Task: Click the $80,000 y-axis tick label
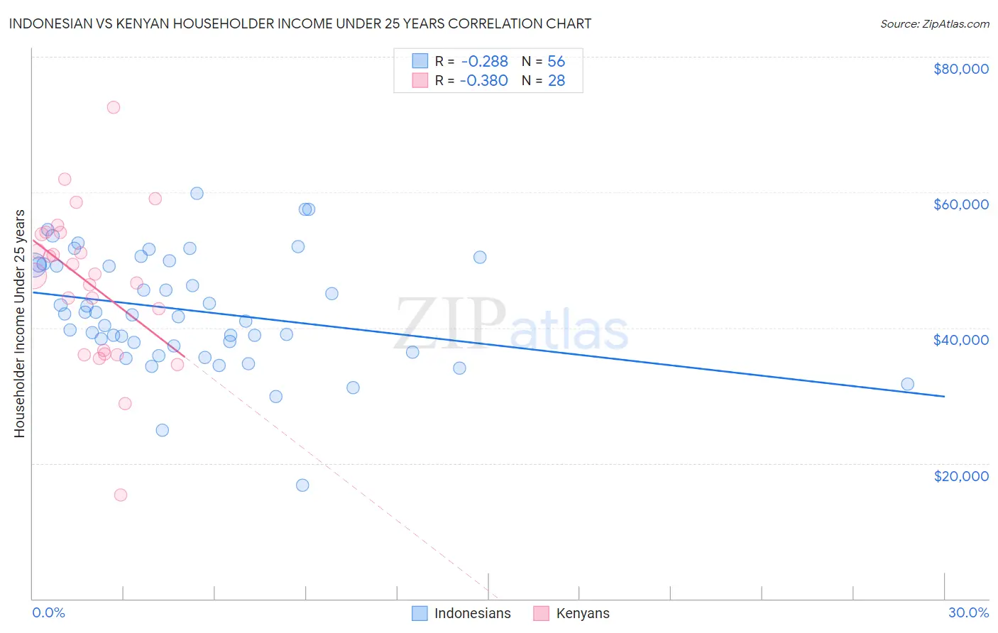pos(960,69)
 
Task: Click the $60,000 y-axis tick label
pos(960,204)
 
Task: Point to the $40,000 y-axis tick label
pos(960,340)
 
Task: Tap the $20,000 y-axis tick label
pos(960,475)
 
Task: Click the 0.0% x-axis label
pos(48,612)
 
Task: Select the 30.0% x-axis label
pos(968,612)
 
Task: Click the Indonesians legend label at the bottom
pos(472,613)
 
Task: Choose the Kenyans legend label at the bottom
pos(583,613)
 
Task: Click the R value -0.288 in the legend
pos(484,62)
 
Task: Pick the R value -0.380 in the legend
pos(484,81)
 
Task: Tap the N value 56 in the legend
pos(556,62)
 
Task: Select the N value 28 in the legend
pos(556,81)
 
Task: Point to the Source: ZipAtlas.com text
pos(934,24)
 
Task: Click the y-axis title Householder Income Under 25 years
pos(20,323)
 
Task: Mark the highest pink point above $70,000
pos(113,107)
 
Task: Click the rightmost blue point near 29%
pos(907,384)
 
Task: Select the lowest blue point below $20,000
pos(302,485)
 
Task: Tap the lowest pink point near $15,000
pos(121,495)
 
